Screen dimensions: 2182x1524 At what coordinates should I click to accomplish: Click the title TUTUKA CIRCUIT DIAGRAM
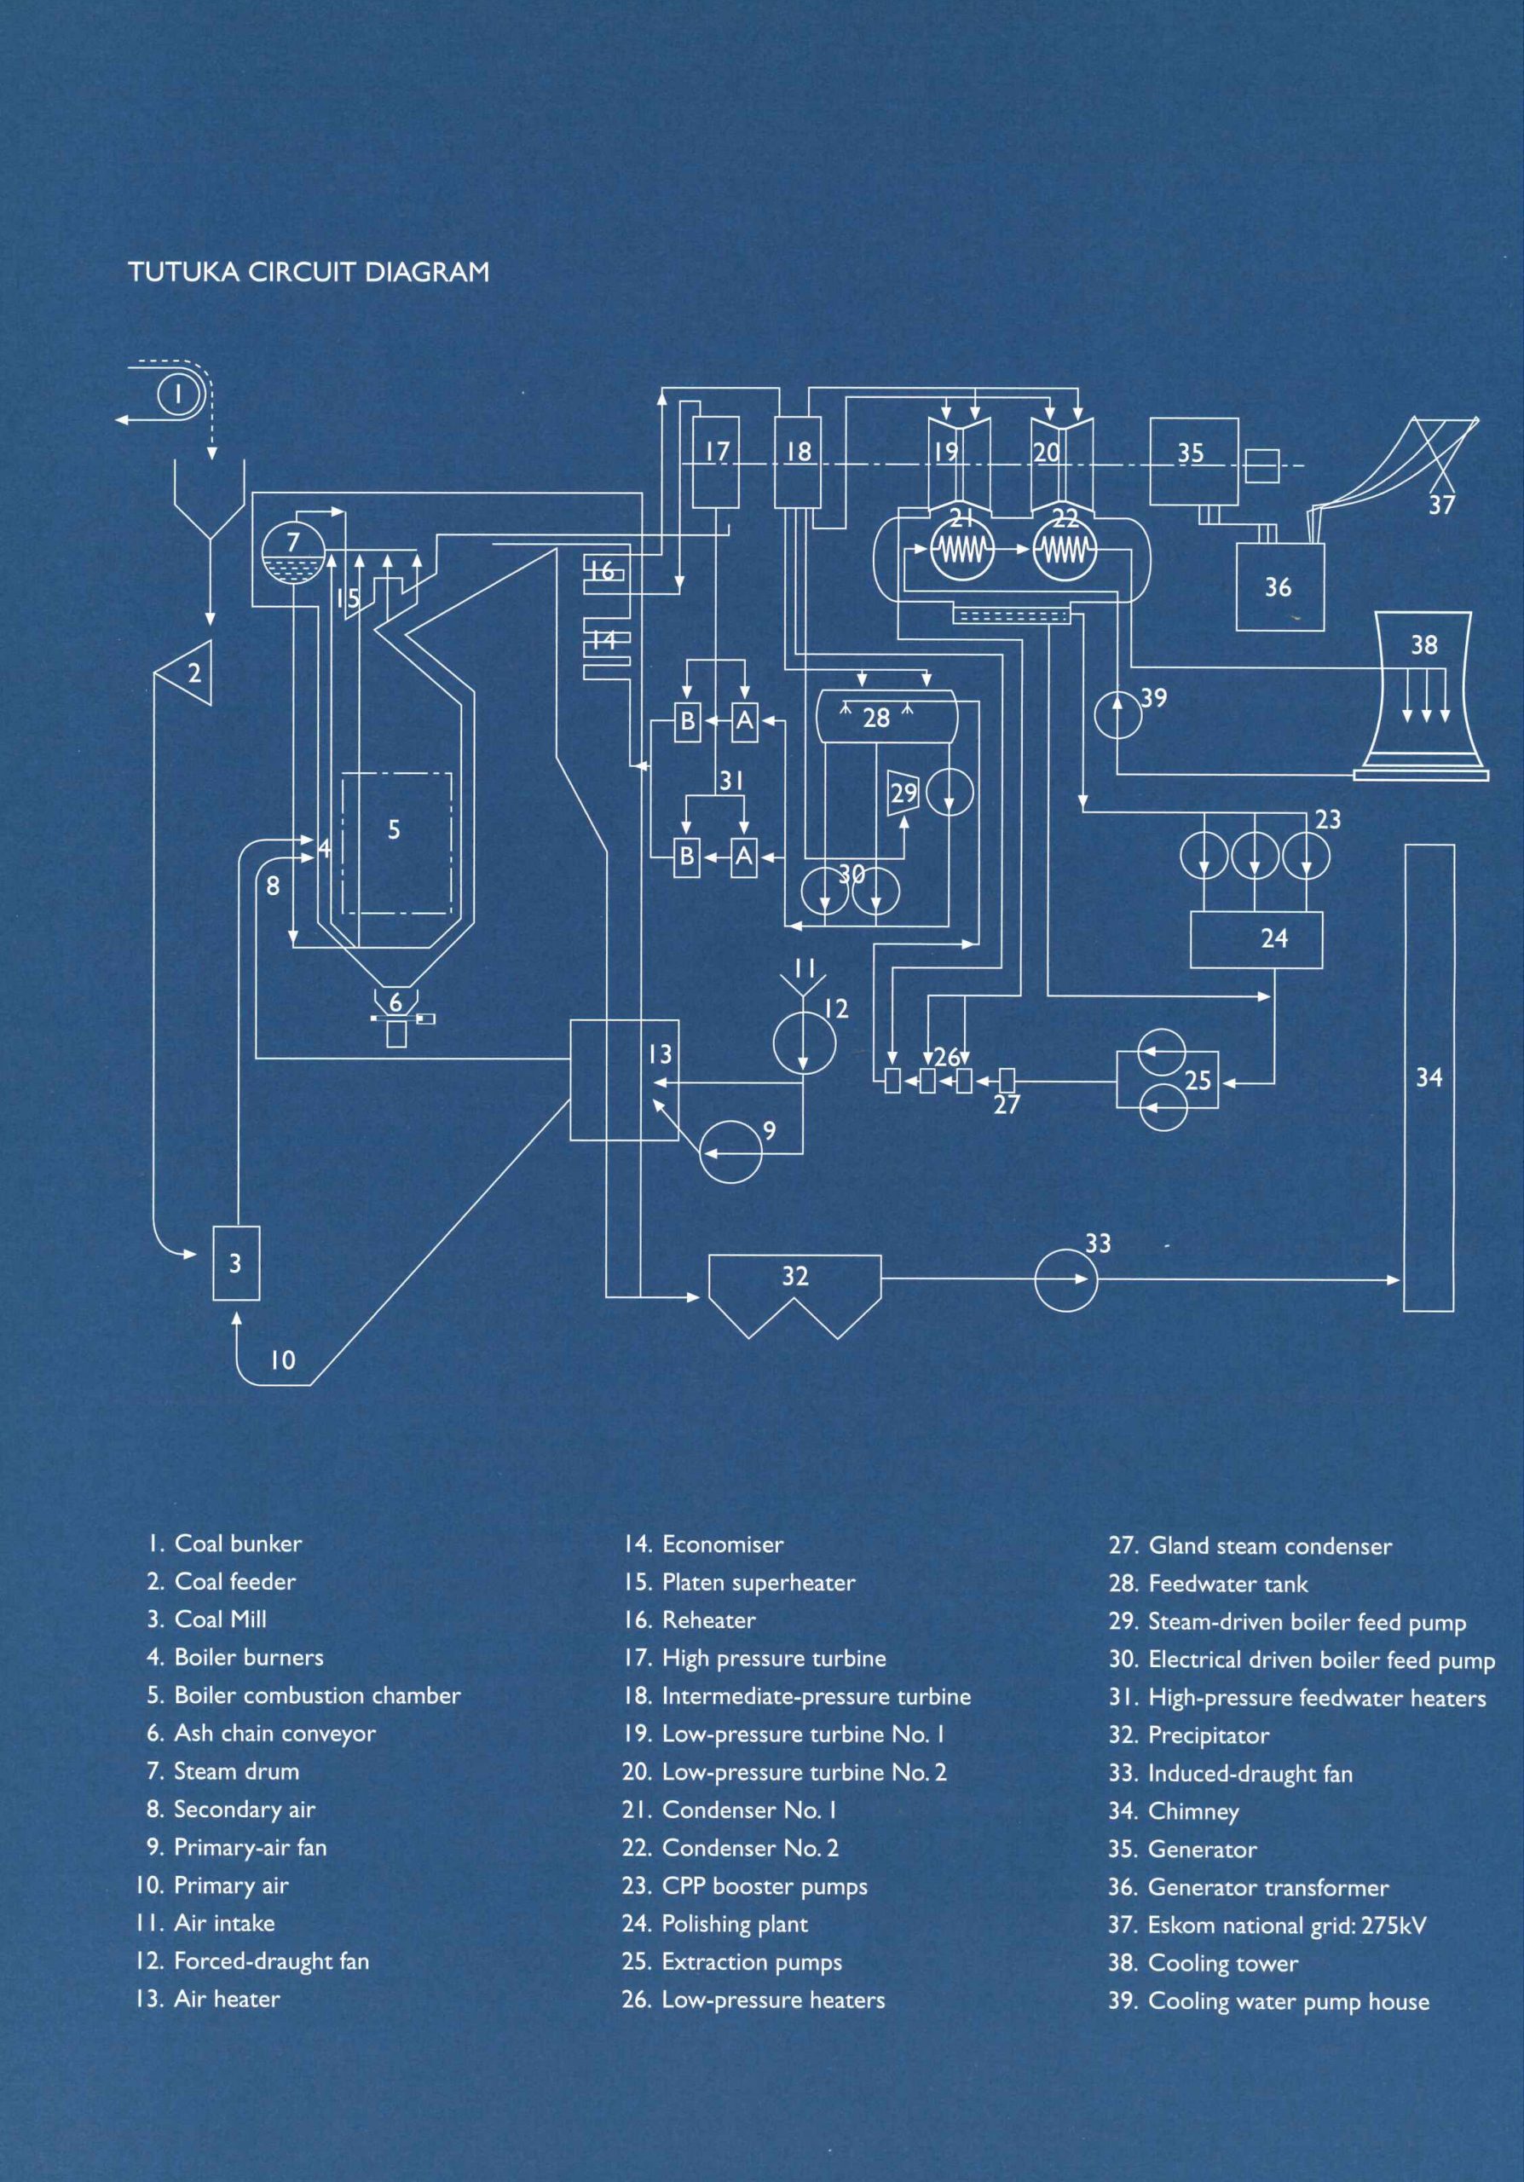tap(309, 272)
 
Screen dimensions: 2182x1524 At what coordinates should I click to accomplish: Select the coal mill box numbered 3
tap(234, 1263)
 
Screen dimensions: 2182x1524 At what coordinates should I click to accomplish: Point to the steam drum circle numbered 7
tap(293, 553)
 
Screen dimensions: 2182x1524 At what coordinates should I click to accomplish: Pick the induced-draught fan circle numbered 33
tap(1065, 1279)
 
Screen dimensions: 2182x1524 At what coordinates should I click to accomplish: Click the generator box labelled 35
tap(1193, 462)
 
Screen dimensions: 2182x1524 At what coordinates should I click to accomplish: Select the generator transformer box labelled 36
tap(1279, 586)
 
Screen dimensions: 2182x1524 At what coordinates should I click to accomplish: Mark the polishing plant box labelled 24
tap(1256, 940)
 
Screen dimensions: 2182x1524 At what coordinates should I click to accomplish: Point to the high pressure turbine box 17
tap(715, 461)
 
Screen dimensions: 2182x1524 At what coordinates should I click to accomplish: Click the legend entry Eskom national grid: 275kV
tap(1267, 1925)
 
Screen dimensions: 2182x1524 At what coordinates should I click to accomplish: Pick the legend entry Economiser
tap(704, 1544)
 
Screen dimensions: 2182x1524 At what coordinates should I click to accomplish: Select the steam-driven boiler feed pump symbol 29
tap(902, 792)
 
